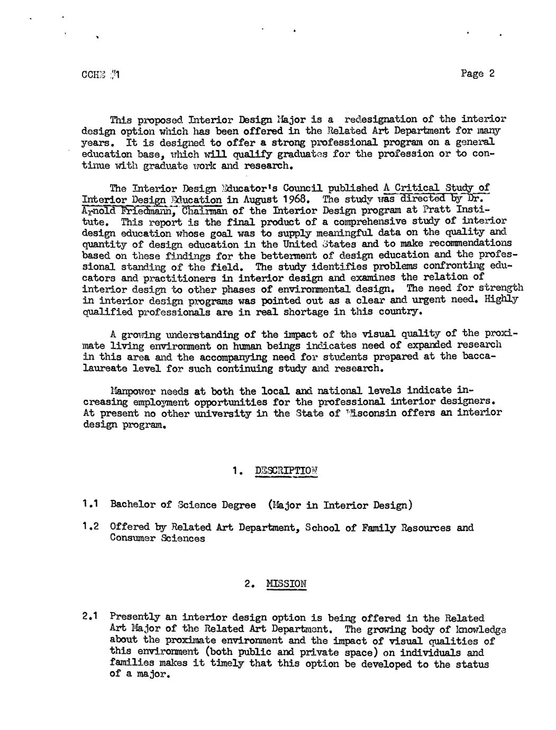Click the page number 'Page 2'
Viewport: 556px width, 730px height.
click(477, 74)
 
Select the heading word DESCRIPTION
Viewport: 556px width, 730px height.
click(286, 471)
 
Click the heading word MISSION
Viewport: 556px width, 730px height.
click(286, 585)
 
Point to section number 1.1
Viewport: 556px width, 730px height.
click(91, 504)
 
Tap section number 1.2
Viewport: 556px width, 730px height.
click(91, 527)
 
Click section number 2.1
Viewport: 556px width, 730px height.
click(91, 617)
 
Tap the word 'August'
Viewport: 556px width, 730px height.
click(259, 200)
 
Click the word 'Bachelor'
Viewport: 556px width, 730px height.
click(133, 505)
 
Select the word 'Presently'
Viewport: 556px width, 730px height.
click(134, 617)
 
